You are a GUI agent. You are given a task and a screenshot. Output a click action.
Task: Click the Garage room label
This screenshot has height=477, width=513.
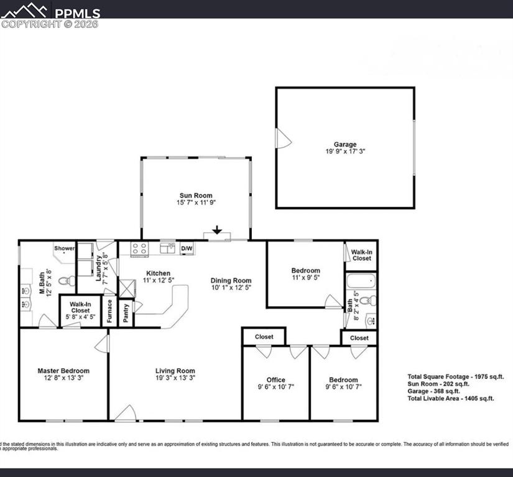pyautogui.click(x=345, y=145)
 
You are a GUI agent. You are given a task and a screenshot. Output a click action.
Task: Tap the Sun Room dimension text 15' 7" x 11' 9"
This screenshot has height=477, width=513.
pyautogui.click(x=196, y=202)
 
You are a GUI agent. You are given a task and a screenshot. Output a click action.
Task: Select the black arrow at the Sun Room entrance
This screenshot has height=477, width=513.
pyautogui.click(x=216, y=230)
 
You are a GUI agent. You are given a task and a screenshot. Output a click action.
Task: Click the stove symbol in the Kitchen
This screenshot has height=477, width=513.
pyautogui.click(x=139, y=248)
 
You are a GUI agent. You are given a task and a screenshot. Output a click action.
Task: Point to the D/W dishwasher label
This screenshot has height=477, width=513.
pyautogui.click(x=187, y=249)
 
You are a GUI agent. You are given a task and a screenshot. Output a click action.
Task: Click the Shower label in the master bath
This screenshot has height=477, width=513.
pyautogui.click(x=64, y=248)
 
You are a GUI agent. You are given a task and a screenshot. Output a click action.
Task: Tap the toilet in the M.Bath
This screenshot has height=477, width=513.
pyautogui.click(x=65, y=281)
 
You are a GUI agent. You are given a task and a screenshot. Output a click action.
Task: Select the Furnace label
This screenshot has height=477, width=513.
pyautogui.click(x=109, y=310)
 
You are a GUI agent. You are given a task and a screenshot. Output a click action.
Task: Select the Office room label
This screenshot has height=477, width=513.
pyautogui.click(x=275, y=379)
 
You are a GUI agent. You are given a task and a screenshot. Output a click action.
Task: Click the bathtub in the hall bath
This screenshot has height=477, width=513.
pyautogui.click(x=361, y=281)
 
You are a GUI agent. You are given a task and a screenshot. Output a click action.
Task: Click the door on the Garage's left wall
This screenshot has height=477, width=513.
pyautogui.click(x=283, y=139)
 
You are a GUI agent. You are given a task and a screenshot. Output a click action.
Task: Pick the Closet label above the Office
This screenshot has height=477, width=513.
pyautogui.click(x=264, y=337)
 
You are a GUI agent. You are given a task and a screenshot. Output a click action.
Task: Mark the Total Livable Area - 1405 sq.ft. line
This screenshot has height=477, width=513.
pyautogui.click(x=451, y=398)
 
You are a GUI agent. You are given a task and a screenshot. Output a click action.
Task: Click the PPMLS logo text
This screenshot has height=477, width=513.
pyautogui.click(x=76, y=12)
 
